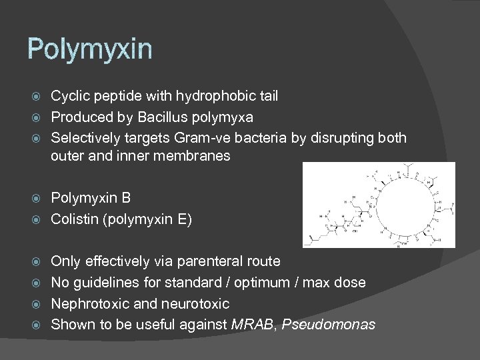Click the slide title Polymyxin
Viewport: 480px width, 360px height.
click(x=89, y=49)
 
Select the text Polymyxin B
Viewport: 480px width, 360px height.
click(x=91, y=198)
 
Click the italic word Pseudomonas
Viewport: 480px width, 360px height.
click(x=329, y=325)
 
